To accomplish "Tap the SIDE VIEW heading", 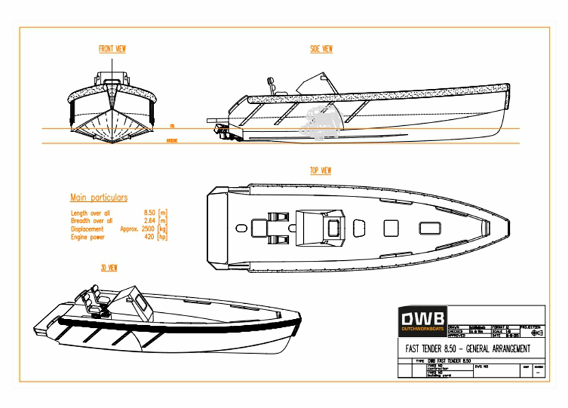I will point(321,49).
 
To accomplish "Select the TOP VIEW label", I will point(321,170).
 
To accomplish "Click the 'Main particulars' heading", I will point(99,198).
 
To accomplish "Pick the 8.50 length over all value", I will point(149,213).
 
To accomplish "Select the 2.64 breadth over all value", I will point(149,221).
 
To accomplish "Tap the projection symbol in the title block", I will point(537,333).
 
